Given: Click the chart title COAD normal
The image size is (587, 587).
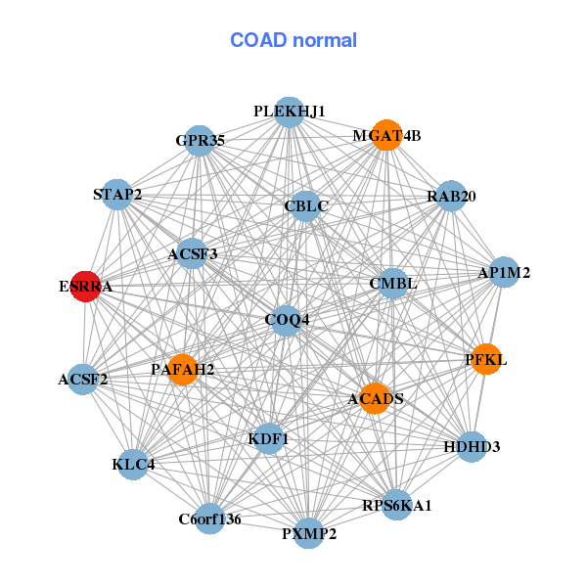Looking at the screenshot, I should (x=293, y=40).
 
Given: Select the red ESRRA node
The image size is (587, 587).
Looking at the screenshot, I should (x=86, y=288).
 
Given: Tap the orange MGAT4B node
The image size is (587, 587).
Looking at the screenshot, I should (x=386, y=135).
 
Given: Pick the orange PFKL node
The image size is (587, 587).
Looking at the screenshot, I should (x=486, y=360).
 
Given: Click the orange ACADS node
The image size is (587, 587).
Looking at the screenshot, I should (x=375, y=398).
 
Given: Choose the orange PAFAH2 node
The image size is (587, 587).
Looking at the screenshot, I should (x=183, y=369).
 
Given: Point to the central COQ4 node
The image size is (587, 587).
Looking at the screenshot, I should (x=287, y=320).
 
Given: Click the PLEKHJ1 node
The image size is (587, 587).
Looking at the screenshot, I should (x=289, y=113).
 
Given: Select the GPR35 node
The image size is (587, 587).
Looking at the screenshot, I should (x=200, y=141).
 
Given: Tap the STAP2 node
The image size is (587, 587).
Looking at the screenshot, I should (x=117, y=195).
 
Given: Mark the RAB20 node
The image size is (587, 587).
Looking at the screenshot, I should (x=451, y=197).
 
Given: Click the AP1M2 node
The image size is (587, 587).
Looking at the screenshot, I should (x=503, y=273).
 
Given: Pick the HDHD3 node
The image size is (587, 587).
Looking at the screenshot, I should (x=472, y=447).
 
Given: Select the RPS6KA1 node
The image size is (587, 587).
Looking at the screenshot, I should (x=397, y=505).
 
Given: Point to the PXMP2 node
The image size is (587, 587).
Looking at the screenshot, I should (x=309, y=533).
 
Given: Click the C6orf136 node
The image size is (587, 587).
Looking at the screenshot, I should (x=209, y=518).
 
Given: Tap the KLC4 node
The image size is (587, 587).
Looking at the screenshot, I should (x=134, y=464).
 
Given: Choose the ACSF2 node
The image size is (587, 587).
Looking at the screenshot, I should (x=83, y=379).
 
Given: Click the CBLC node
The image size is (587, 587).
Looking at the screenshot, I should (x=306, y=206).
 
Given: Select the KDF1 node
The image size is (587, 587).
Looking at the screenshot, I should (x=268, y=439).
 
